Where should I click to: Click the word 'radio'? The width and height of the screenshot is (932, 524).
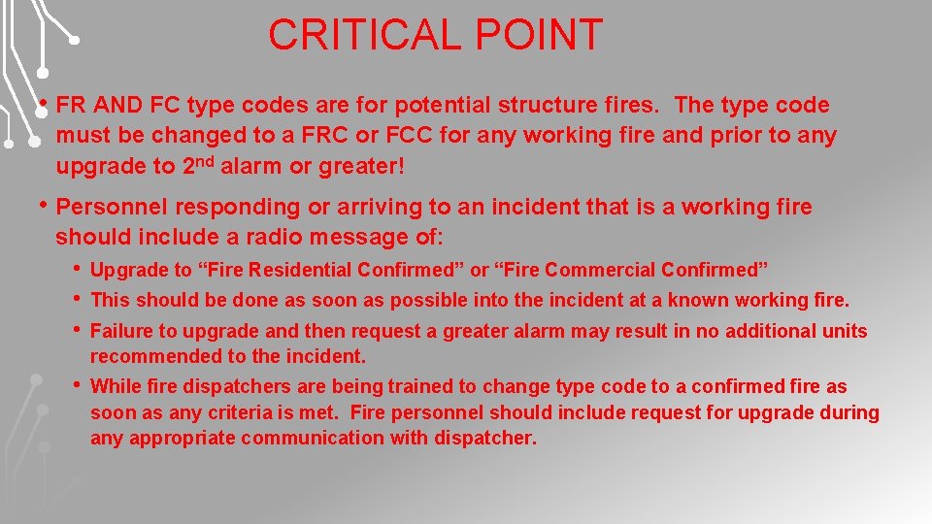(296, 237)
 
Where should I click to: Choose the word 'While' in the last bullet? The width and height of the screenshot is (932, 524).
(114, 386)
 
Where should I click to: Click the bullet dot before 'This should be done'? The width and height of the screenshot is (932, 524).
(78, 298)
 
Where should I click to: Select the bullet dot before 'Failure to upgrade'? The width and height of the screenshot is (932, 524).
(78, 329)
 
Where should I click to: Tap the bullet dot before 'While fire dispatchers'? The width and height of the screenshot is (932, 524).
(78, 384)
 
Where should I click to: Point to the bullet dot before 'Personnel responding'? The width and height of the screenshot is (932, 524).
(44, 205)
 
